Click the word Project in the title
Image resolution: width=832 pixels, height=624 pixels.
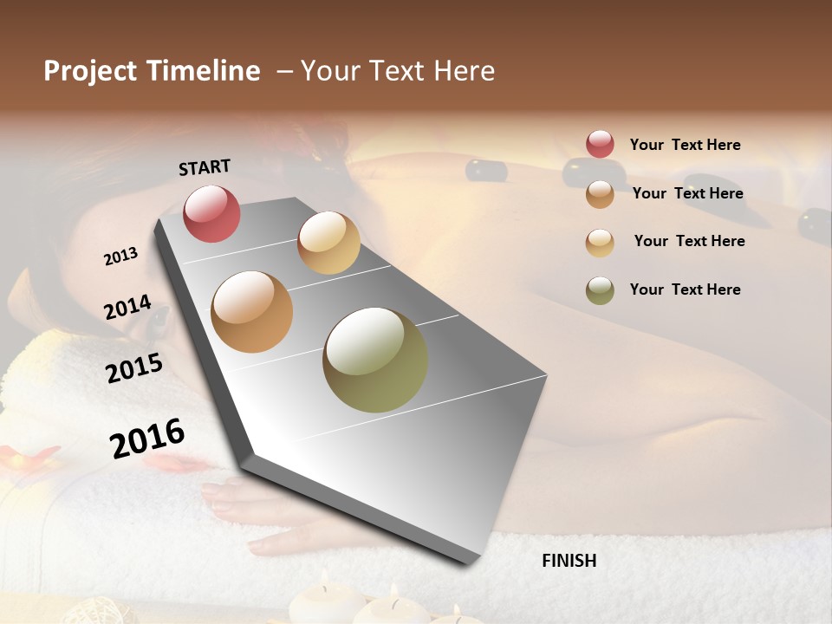coord(89,71)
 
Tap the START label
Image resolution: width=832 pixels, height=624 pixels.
coord(205,167)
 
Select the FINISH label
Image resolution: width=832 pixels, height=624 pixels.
coord(569,561)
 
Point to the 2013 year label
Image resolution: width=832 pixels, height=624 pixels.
coord(120,257)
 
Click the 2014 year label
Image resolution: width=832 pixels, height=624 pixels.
coord(127,307)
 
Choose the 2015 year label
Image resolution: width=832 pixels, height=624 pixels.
coord(134,368)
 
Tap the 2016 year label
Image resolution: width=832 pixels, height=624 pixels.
coord(147,438)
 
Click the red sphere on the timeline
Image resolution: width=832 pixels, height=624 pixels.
coord(211,213)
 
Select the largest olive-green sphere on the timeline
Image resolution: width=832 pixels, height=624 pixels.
coord(375,360)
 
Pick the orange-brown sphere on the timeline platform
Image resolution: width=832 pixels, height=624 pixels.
coord(252,312)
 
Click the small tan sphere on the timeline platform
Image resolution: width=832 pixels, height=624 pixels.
coord(328,243)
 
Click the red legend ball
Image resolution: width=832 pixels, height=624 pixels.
coord(600,144)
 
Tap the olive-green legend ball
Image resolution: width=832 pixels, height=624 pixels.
coord(600,290)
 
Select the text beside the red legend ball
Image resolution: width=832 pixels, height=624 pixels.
coord(685,145)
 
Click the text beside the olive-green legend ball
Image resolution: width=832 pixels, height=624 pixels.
coord(685,289)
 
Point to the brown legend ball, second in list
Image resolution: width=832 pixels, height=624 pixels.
coord(600,194)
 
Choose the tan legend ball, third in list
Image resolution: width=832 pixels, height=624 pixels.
coord(600,243)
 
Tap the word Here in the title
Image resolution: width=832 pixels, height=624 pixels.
coord(464,71)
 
